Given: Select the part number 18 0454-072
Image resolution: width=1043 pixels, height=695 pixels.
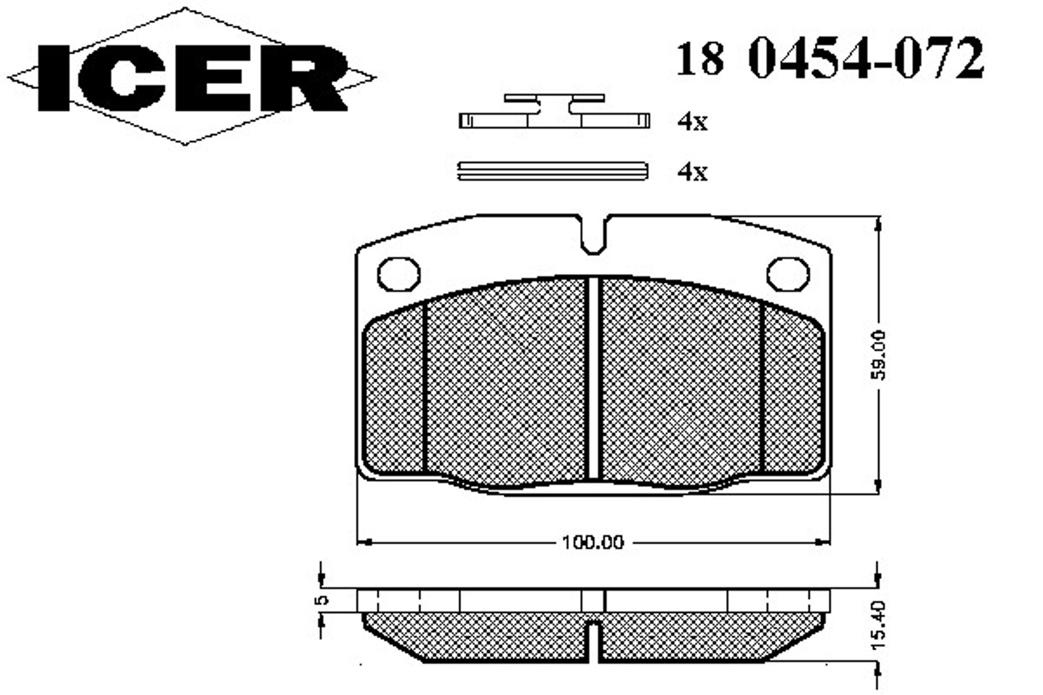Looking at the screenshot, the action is [x=830, y=58].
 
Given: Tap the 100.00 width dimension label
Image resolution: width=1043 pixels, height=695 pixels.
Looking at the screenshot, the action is [x=593, y=542].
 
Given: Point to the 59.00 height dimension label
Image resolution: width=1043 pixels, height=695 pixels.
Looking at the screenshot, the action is [x=877, y=355].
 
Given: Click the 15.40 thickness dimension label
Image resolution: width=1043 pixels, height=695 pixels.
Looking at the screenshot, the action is [x=878, y=625].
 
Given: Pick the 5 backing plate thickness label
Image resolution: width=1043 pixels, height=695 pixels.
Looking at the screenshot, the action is [x=322, y=600].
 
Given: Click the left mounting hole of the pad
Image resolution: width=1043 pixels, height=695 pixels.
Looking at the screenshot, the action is [x=399, y=274].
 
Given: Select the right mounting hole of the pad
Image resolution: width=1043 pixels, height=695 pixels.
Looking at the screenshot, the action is [x=788, y=274].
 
